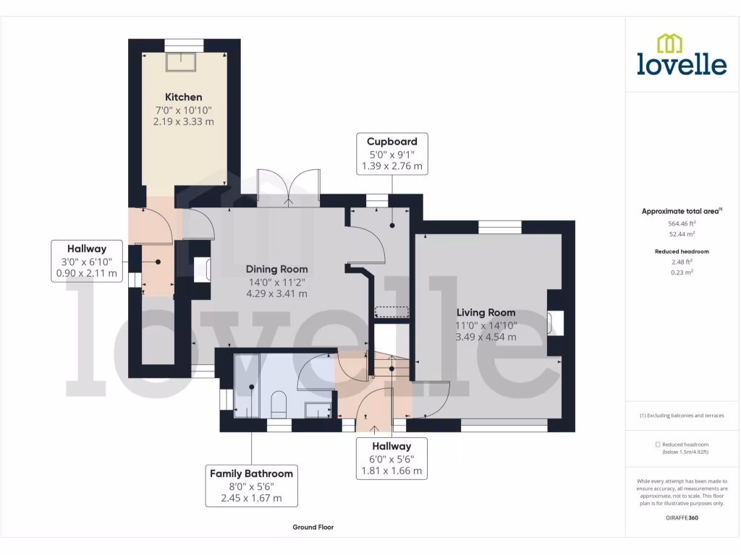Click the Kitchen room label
(x=183, y=97)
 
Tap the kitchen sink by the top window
(x=183, y=61)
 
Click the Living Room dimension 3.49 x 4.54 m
(x=486, y=337)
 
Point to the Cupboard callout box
(x=391, y=153)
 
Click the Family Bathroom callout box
(x=251, y=486)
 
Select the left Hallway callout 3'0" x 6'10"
(x=87, y=261)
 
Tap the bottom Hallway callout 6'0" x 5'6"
(x=391, y=459)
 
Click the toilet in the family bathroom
(x=279, y=405)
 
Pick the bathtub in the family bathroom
(x=247, y=387)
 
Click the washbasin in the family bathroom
(x=316, y=410)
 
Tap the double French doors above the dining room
(x=289, y=187)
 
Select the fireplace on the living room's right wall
(x=555, y=322)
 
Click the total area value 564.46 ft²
(x=682, y=223)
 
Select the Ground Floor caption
(x=313, y=528)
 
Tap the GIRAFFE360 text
(x=682, y=518)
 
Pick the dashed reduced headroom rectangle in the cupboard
(x=391, y=311)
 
